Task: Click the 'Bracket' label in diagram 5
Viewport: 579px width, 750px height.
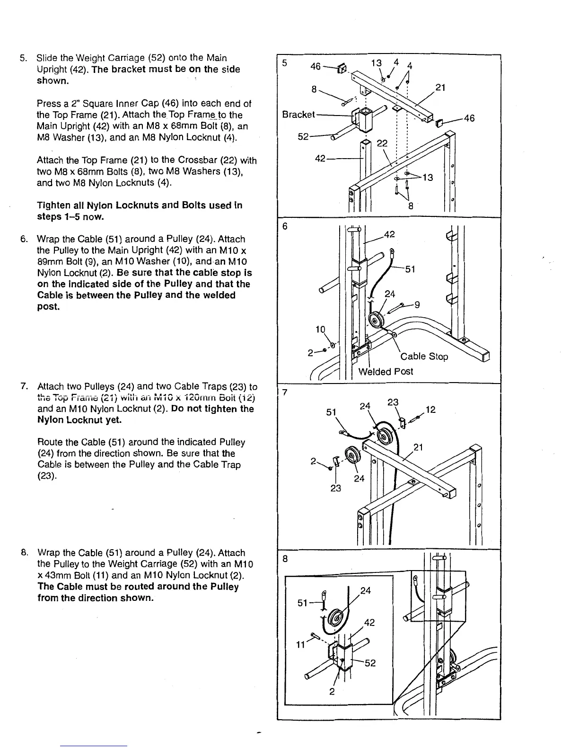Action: tap(298, 115)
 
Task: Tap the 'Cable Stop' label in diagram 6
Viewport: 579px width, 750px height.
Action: tap(424, 357)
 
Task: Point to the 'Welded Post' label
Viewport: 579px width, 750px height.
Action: tap(385, 372)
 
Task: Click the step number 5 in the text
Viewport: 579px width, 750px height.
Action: tap(22, 58)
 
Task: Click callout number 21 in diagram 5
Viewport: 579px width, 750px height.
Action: tap(440, 88)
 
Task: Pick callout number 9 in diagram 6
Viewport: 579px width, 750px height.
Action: tap(417, 305)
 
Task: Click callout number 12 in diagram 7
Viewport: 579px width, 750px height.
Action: tap(430, 410)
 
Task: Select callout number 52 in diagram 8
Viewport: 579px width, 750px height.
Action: tap(370, 663)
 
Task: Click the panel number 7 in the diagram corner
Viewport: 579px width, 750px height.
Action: tap(284, 393)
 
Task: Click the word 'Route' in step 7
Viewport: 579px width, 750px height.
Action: tap(49, 442)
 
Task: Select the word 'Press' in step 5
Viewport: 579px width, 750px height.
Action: tap(48, 104)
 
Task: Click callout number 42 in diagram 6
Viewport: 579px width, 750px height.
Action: tap(389, 234)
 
